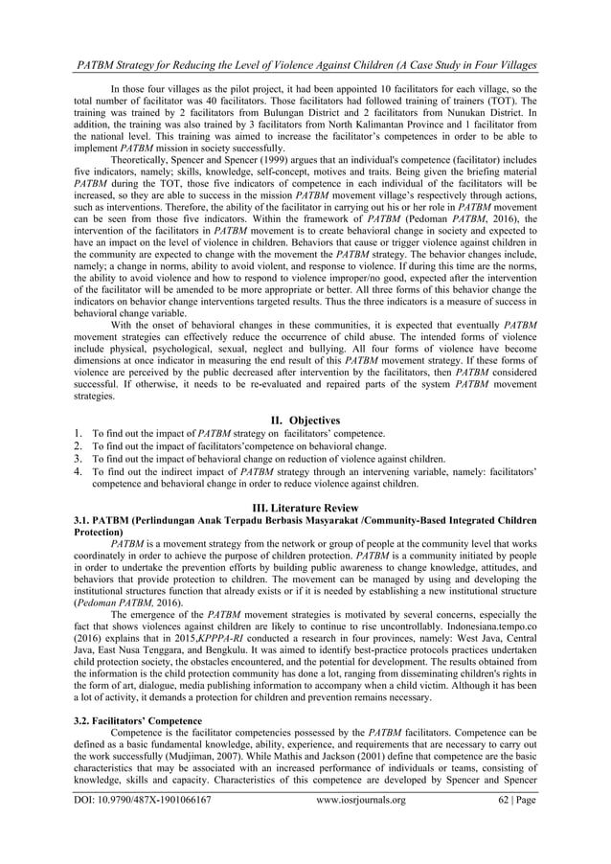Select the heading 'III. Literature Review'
point(305,506)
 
